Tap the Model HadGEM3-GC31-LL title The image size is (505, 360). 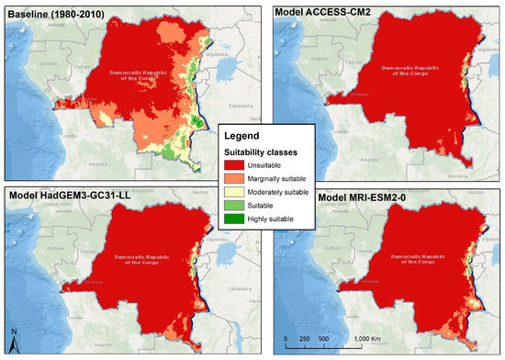pyautogui.click(x=68, y=197)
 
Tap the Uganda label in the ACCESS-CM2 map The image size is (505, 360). pyautogui.click(x=481, y=45)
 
